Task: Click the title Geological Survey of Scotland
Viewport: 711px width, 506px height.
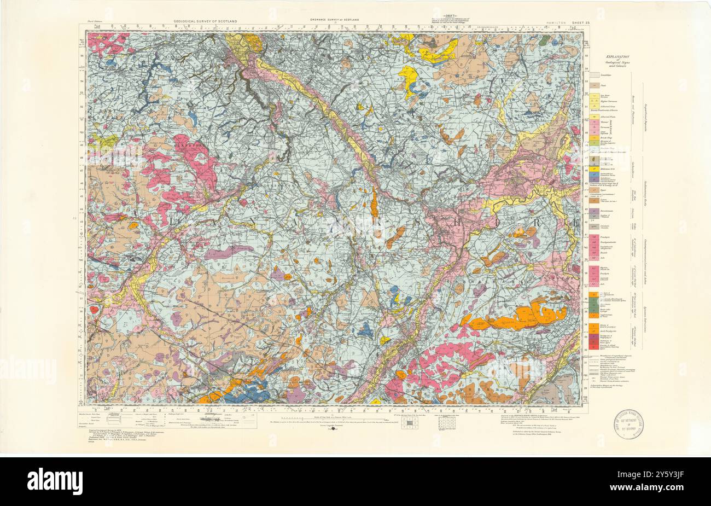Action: point(206,21)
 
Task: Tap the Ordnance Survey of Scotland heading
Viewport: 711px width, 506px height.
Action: point(334,20)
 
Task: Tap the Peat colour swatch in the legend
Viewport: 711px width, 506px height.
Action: point(592,86)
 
